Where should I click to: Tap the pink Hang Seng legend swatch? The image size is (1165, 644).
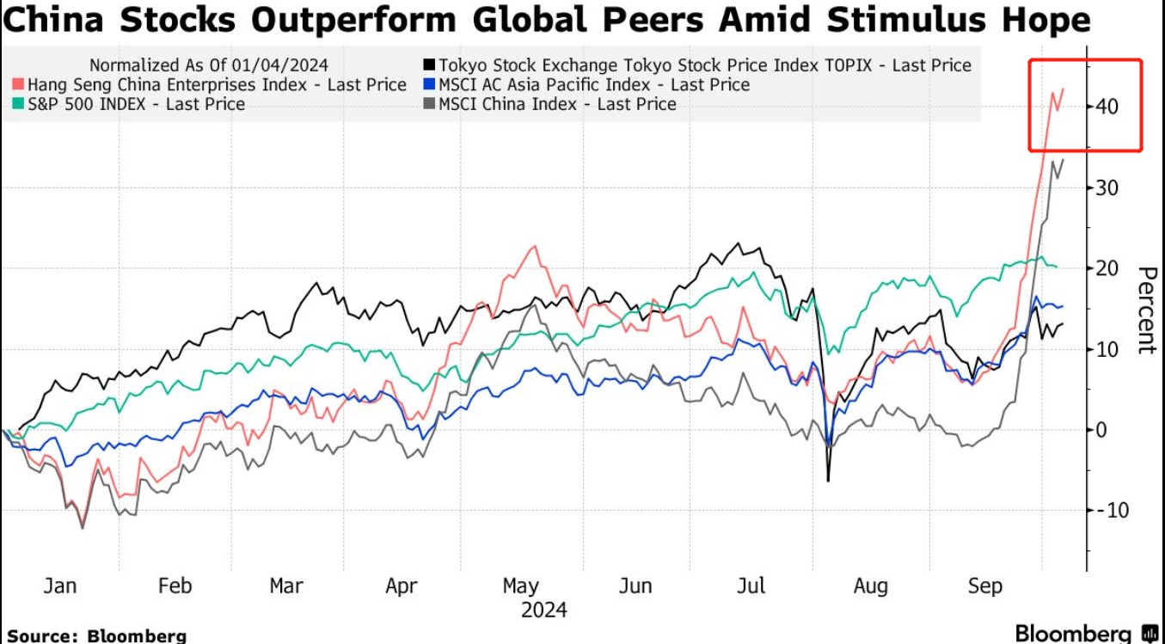pos(16,85)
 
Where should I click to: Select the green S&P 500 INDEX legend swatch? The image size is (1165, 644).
pos(16,104)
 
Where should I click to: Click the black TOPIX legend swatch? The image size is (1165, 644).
pos(428,65)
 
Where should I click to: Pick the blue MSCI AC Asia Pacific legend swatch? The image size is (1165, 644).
pos(428,85)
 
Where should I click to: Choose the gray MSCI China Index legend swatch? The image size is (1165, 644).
pos(428,104)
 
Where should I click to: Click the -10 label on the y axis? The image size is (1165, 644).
pos(1109,510)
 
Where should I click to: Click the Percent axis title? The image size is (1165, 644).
pos(1145,310)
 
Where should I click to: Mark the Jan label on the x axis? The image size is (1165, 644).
pos(59,586)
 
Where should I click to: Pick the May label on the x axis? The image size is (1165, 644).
pos(520,586)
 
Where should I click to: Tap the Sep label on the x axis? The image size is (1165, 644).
pos(985,586)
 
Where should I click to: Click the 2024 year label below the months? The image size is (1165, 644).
pos(544,610)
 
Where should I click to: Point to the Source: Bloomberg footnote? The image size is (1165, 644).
pos(96,635)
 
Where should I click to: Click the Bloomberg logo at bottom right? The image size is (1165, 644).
pos(1086,634)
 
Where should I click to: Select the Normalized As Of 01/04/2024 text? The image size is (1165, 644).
pos(209,65)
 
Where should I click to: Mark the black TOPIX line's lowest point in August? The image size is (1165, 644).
pos(828,480)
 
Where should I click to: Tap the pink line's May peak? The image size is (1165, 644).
pos(536,247)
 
